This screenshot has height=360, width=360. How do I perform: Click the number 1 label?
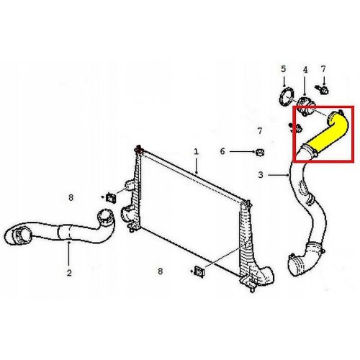click(x=197, y=152)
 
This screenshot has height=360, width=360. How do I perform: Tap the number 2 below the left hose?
click(x=69, y=273)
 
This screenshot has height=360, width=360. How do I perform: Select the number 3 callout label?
click(x=261, y=175)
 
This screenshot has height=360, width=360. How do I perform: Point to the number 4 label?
click(x=305, y=70)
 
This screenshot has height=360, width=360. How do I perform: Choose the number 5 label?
click(x=284, y=69)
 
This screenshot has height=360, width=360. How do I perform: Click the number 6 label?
click(x=222, y=151)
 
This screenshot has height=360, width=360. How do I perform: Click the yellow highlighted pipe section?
click(x=327, y=135)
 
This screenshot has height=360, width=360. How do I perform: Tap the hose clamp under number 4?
click(x=306, y=106)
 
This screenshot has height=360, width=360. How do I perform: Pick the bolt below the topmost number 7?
click(x=322, y=90)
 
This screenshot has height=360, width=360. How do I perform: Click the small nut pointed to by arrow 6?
click(x=260, y=152)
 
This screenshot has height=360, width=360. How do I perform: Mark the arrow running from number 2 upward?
click(x=69, y=253)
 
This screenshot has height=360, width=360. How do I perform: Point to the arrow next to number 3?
click(x=279, y=175)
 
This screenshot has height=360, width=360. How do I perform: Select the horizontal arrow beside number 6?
click(x=242, y=151)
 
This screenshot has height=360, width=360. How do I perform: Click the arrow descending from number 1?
click(x=197, y=166)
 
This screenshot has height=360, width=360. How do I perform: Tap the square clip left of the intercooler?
click(x=111, y=198)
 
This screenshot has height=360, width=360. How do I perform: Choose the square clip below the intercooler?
click(x=199, y=271)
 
